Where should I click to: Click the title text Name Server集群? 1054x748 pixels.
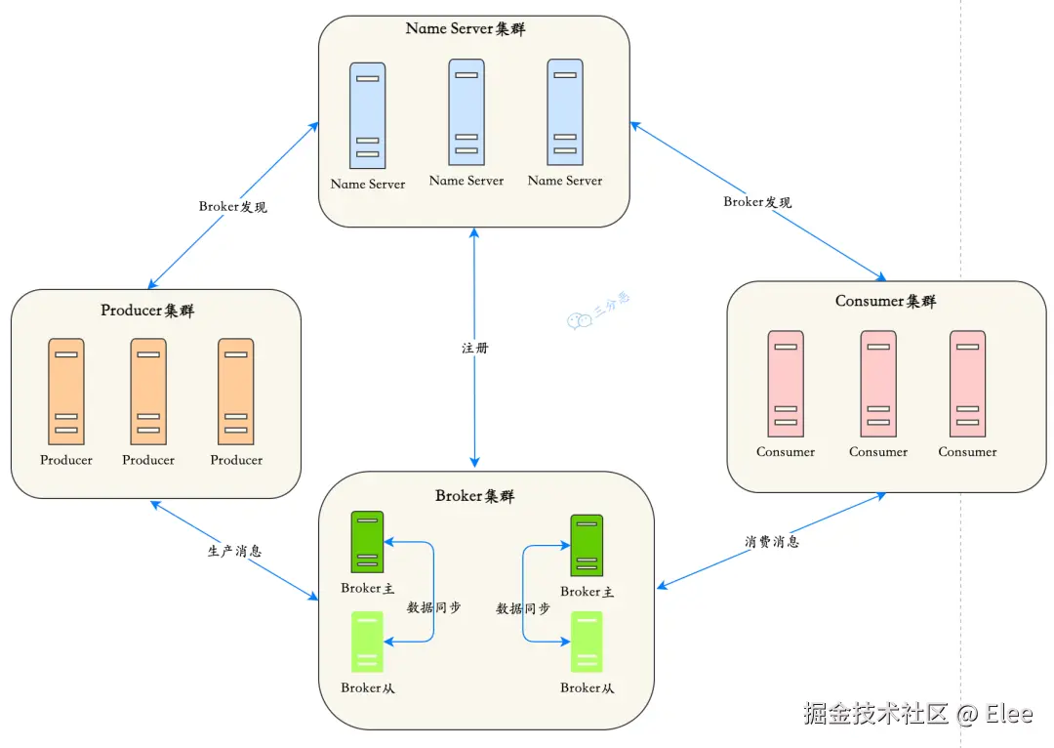(466, 28)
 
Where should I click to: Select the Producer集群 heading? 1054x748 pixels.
(147, 311)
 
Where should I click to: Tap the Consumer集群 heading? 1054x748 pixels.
(885, 301)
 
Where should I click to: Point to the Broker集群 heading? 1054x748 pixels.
(474, 496)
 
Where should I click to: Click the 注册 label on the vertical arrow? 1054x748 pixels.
(475, 348)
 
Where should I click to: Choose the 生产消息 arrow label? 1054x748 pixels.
(234, 551)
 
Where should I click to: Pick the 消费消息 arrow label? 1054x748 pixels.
(771, 541)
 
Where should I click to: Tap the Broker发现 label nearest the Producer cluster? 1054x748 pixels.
(232, 206)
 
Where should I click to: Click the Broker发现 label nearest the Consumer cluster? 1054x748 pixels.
(757, 202)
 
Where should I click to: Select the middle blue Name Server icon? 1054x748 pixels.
(466, 111)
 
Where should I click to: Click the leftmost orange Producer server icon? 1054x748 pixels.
(66, 392)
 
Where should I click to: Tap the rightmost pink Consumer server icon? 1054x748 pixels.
(967, 384)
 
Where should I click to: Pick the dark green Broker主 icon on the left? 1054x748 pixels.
(368, 542)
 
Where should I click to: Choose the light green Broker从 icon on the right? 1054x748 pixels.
(587, 642)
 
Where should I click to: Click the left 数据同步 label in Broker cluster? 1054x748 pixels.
(433, 607)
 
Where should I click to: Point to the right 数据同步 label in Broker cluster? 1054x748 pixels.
(523, 608)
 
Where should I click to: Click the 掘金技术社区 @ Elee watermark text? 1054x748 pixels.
(917, 714)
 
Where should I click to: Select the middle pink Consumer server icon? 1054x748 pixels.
(878, 384)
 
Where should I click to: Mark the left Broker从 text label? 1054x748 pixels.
(368, 688)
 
